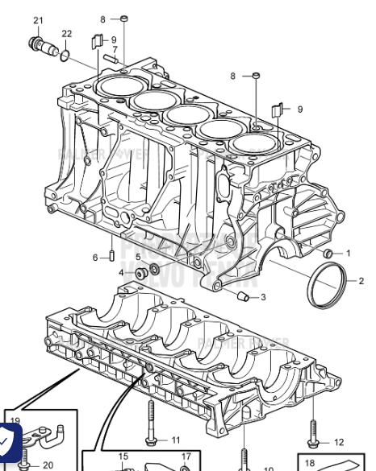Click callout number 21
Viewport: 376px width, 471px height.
39,20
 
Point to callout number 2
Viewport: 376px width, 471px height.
361,281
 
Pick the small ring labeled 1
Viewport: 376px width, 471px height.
327,254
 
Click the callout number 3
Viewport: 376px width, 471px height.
263,298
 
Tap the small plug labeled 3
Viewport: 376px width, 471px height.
240,297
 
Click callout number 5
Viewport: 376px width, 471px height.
138,257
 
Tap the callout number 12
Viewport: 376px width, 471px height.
338,442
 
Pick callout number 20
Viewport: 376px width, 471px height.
48,465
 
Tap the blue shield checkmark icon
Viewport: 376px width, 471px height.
8,440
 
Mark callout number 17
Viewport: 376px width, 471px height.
186,457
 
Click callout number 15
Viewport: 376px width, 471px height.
123,457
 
